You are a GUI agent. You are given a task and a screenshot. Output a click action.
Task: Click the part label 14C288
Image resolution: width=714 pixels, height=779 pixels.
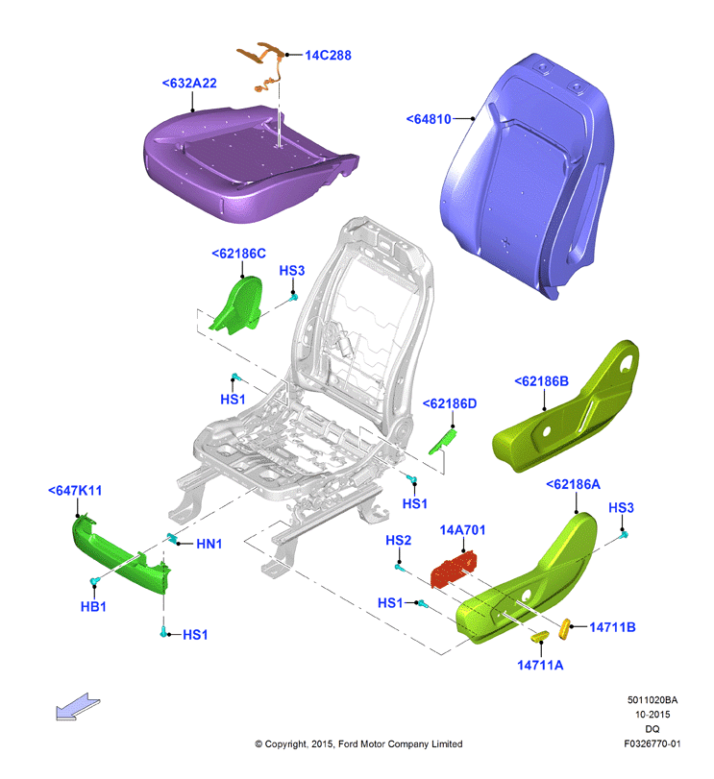(328, 55)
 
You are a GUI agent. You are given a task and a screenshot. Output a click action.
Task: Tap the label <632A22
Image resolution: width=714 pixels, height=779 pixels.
(189, 83)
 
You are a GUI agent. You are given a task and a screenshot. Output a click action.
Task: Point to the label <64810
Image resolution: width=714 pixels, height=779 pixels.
(429, 119)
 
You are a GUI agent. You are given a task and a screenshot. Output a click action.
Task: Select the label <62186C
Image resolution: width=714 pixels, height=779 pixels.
(238, 254)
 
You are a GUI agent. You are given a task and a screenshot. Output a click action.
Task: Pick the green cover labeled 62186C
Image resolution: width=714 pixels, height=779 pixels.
(238, 305)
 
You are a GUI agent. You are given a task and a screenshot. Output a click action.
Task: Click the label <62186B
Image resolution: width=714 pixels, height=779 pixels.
(541, 381)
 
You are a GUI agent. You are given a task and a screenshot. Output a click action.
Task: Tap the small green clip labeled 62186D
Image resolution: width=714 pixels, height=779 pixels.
(443, 442)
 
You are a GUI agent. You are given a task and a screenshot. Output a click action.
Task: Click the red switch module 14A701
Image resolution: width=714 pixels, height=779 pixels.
(454, 569)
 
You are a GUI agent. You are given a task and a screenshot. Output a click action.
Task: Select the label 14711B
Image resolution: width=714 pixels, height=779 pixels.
(612, 627)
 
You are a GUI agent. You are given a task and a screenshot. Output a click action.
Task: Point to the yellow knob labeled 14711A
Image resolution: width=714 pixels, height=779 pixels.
(540, 636)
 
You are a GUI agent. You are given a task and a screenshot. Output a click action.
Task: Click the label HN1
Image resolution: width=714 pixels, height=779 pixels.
(209, 544)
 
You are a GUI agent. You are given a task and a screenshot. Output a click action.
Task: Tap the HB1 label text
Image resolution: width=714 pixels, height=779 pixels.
(93, 607)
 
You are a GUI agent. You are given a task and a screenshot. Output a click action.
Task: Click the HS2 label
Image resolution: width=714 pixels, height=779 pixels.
(399, 540)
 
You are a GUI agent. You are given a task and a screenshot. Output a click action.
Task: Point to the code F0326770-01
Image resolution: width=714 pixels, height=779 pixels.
(652, 743)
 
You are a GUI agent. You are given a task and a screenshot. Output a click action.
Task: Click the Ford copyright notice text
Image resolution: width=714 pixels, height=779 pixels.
(358, 743)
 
